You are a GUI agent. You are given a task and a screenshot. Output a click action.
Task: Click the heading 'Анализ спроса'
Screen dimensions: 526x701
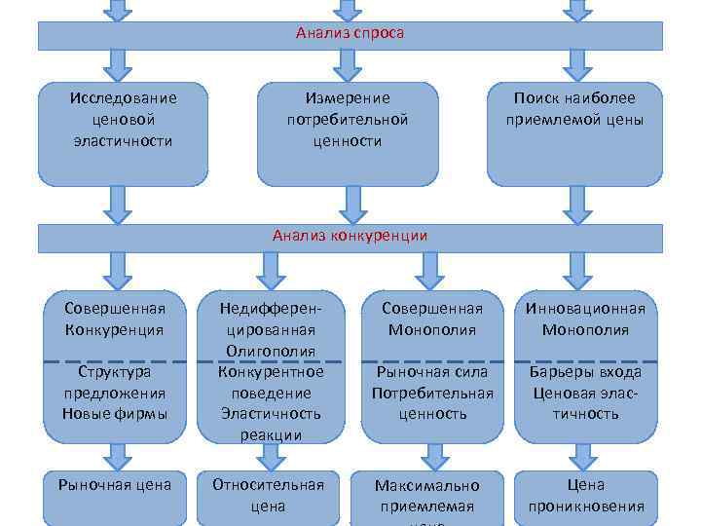point(350,33)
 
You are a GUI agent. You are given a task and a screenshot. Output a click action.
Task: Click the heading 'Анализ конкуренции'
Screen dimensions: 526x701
point(350,236)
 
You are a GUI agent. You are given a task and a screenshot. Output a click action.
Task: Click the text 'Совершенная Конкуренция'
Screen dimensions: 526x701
point(115,319)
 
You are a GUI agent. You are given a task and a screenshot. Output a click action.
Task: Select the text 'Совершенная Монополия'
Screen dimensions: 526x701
point(431,319)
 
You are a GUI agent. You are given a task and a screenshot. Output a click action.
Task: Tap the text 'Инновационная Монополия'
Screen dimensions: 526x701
point(586,319)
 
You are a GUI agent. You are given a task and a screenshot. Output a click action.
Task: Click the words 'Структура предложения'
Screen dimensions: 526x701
point(115,383)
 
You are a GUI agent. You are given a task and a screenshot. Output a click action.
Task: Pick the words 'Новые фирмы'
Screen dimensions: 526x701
point(115,413)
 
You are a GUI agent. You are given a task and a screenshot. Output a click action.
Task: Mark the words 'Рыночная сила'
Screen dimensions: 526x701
point(431,372)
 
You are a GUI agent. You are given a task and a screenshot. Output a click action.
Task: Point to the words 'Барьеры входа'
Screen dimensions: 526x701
point(586,372)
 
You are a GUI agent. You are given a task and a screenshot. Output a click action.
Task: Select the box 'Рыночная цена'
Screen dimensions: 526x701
point(115,484)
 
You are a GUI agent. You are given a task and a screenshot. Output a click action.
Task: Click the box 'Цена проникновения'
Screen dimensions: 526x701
point(586,495)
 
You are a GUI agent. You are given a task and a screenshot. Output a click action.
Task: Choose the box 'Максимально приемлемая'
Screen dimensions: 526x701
point(431,496)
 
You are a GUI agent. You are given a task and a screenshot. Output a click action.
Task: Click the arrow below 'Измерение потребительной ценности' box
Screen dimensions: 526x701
point(348,204)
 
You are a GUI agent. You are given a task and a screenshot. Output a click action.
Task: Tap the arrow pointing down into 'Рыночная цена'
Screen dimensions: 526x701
point(116,455)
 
